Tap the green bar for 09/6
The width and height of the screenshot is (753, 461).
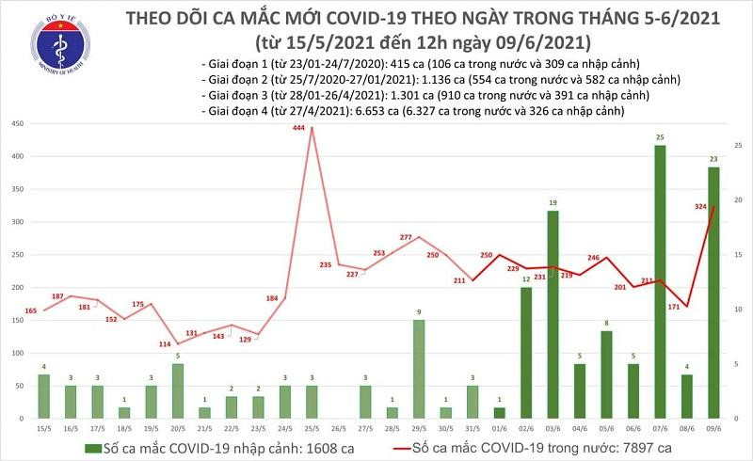tap(713, 292)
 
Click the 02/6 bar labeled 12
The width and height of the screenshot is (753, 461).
tap(526, 352)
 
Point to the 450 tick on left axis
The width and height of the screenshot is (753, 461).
tap(16, 124)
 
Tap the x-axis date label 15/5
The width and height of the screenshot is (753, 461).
tap(44, 429)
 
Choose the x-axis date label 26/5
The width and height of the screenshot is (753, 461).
tap(336, 429)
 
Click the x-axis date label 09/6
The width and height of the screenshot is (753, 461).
tap(713, 429)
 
